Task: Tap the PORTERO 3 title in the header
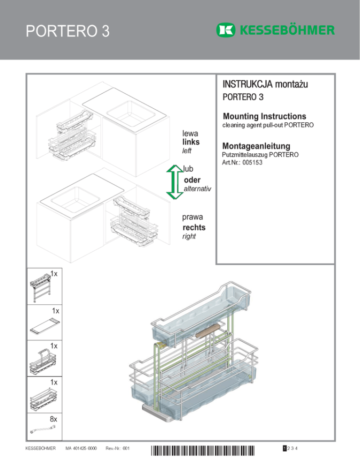tap(68, 31)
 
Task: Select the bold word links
tap(192, 142)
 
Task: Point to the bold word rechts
tap(194, 227)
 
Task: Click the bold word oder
tap(193, 180)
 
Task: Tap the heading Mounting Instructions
tap(265, 116)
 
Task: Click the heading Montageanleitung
tap(257, 146)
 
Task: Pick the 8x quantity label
tap(53, 418)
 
